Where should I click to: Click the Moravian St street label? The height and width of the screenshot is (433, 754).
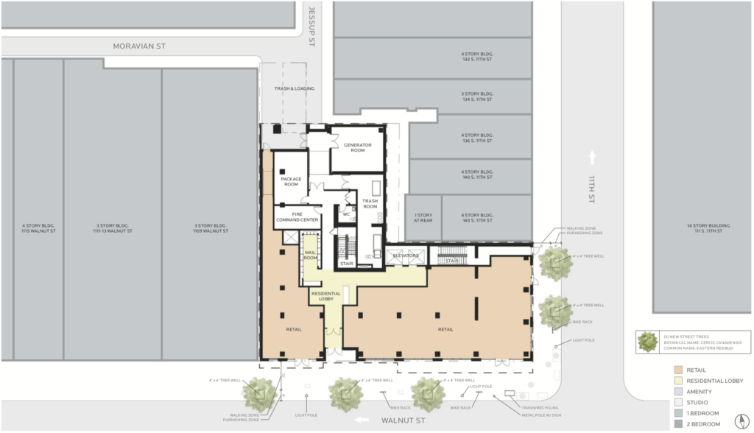pyautogui.click(x=139, y=46)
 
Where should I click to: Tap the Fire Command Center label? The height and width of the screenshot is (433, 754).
pyautogui.click(x=296, y=216)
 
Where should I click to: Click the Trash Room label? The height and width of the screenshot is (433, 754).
pyautogui.click(x=370, y=203)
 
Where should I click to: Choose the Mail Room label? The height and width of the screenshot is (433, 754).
pyautogui.click(x=310, y=254)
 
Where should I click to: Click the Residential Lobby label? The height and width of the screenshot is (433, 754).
pyautogui.click(x=326, y=295)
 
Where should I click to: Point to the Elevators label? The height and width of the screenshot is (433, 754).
pyautogui.click(x=405, y=256)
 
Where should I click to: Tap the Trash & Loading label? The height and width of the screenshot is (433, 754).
pyautogui.click(x=295, y=88)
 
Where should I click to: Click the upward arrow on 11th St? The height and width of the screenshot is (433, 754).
pyautogui.click(x=592, y=157)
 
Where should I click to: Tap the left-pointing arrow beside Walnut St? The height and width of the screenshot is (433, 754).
pyautogui.click(x=361, y=420)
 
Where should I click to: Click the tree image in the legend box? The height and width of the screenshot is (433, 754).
pyautogui.click(x=648, y=342)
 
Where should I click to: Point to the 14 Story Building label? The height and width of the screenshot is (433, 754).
pyautogui.click(x=702, y=228)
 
